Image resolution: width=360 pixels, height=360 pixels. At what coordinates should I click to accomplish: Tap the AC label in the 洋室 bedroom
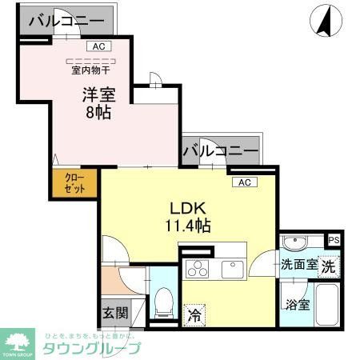[x=98, y=47]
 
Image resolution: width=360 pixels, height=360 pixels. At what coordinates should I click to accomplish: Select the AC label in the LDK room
[x=245, y=182]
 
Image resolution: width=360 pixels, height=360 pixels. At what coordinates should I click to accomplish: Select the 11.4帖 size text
[x=190, y=226]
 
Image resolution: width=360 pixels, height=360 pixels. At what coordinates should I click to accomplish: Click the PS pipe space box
[x=334, y=239]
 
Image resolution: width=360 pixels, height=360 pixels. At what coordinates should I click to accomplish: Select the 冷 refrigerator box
[x=194, y=315]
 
